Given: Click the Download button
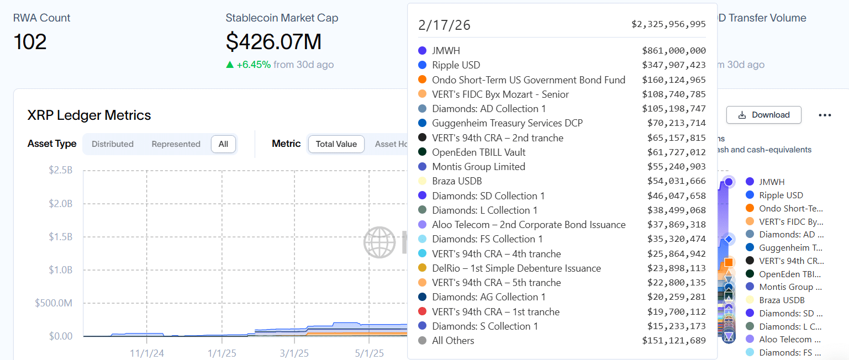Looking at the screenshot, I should tap(764, 115).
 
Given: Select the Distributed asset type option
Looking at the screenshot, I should tap(113, 144).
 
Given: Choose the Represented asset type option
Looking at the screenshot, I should tap(176, 144).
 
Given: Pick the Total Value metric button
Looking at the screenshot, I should tap(336, 144).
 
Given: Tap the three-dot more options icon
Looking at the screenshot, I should tap(825, 115).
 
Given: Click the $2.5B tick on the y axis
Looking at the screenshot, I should tap(60, 170).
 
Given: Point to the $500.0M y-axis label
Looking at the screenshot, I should tap(54, 303).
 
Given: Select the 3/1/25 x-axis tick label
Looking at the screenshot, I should tap(294, 353).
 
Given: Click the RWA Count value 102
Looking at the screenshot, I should tap(30, 42).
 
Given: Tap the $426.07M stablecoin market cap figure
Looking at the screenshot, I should tap(273, 42).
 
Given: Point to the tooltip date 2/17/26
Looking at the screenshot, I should tap(444, 25).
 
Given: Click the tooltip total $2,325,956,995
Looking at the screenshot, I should tap(668, 24).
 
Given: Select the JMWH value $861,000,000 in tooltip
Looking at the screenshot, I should tap(673, 51).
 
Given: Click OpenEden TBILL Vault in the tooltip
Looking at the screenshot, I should tap(478, 152).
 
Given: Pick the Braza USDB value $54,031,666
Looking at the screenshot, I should tap(676, 181).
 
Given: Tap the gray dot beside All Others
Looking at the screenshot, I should tap(423, 341).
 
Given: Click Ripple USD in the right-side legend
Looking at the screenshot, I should tap(781, 195).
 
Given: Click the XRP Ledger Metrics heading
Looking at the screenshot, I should tap(89, 115).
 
